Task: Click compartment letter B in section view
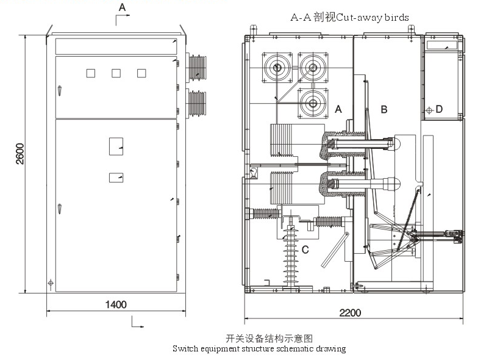click(x=384, y=109)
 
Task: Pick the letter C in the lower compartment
click(x=305, y=249)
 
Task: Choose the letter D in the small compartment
click(x=439, y=109)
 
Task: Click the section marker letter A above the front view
click(x=122, y=7)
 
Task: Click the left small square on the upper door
click(x=91, y=73)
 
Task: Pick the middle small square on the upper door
click(x=116, y=73)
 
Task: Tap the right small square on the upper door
click(x=141, y=73)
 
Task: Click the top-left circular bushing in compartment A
click(x=275, y=67)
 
